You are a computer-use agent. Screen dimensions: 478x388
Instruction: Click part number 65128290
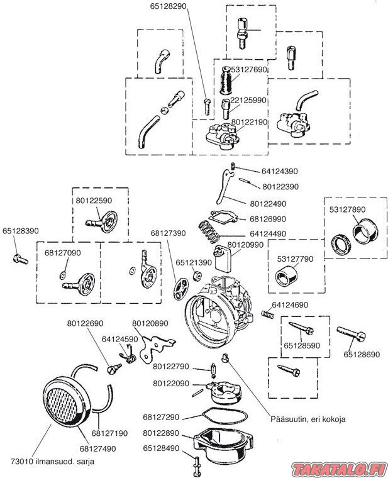(168, 6)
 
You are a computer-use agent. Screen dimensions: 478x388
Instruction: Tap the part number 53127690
(250, 70)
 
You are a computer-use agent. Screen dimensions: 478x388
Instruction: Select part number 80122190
(250, 122)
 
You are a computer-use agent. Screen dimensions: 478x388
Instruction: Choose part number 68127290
(162, 417)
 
